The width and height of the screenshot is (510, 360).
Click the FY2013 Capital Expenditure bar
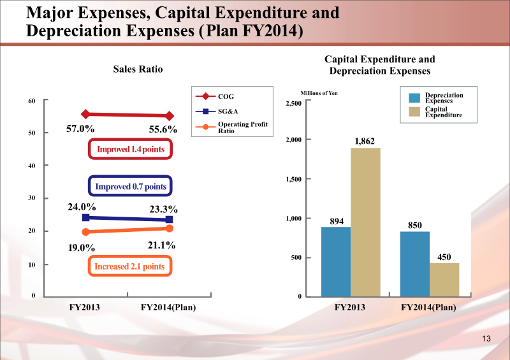point(365,222)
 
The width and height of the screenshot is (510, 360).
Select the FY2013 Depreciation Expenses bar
point(336,261)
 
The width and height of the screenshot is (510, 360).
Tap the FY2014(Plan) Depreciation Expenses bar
point(415,264)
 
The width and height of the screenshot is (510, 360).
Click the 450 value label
point(444,256)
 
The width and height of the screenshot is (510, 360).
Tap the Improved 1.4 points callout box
point(131,149)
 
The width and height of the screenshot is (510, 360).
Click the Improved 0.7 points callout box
point(130,186)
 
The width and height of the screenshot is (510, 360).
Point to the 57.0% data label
point(80,129)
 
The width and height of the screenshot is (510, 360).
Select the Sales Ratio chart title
point(134,69)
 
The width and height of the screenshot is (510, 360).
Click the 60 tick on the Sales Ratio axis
point(31,101)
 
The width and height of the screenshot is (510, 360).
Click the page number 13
point(488,338)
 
